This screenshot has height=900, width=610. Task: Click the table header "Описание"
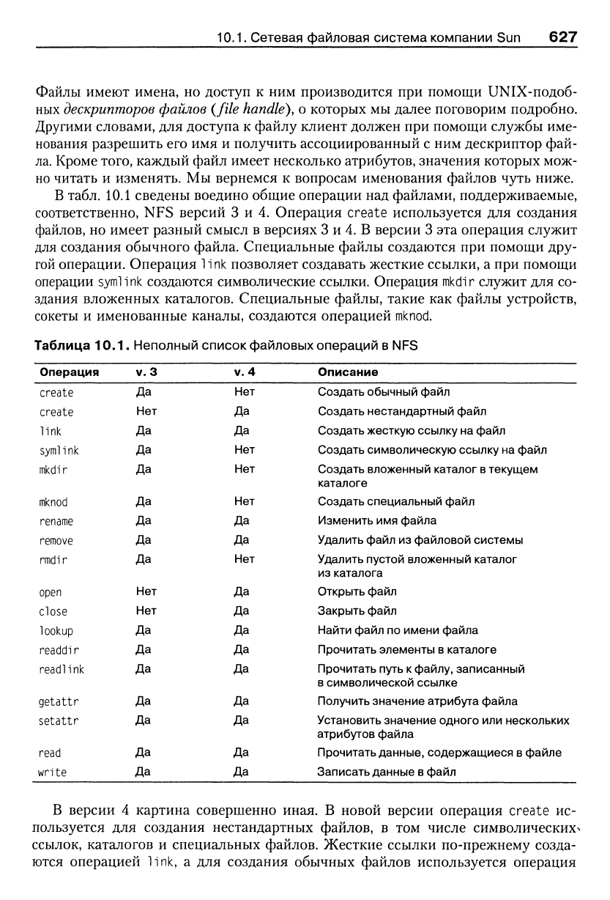[347, 373]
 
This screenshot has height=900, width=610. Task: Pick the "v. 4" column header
[244, 373]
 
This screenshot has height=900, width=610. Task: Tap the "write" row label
[53, 772]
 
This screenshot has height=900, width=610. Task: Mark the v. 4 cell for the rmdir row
[244, 559]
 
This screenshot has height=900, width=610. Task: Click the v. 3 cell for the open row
[146, 591]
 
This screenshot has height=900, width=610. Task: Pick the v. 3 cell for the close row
[146, 611]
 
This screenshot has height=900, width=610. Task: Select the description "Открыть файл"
[357, 591]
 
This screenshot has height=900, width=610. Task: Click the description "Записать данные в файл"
[386, 772]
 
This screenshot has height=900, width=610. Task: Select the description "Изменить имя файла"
[376, 521]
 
